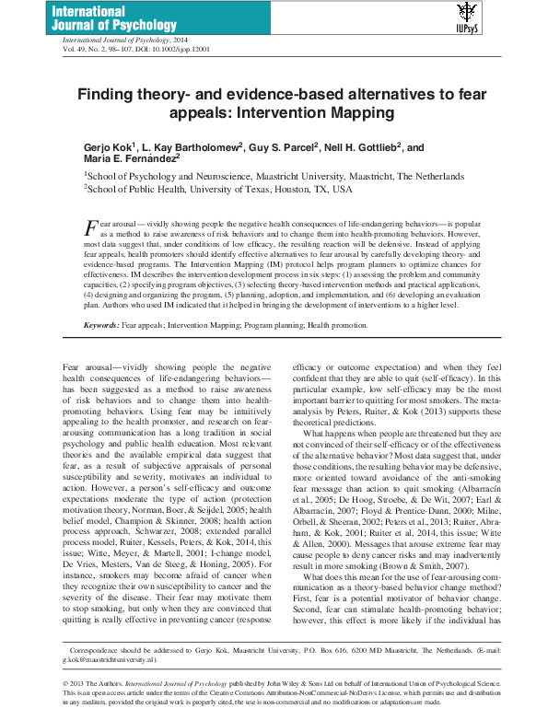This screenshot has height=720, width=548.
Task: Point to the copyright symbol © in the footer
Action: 66,684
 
